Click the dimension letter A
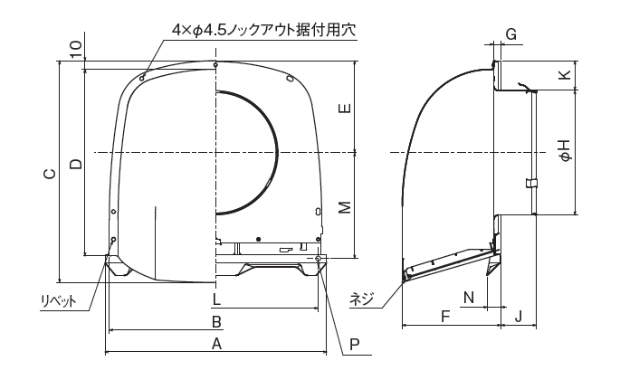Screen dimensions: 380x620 point(215,344)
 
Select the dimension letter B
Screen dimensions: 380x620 point(215,321)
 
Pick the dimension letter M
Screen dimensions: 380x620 point(344,207)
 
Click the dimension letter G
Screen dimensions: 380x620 point(510,34)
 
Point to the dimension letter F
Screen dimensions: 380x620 point(444,316)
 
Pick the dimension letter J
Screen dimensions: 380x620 point(518,316)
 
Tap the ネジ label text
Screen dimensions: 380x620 point(363,295)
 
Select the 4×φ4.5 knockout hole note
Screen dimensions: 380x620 point(262,29)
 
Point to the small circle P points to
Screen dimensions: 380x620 point(320,259)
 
